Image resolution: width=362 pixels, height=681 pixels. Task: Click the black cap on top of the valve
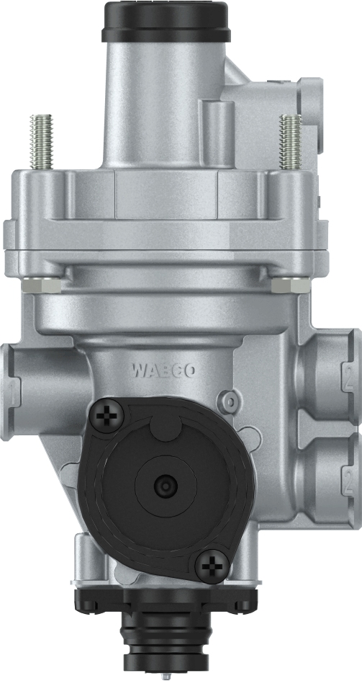point(166,21)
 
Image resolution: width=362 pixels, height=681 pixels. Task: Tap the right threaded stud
point(291,141)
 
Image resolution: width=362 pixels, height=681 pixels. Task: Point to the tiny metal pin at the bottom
point(167,676)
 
